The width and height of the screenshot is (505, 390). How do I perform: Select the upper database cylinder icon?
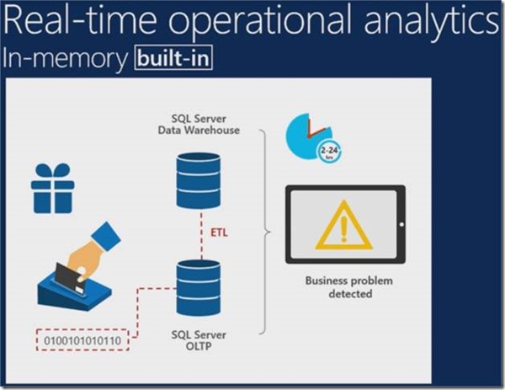coord(199,179)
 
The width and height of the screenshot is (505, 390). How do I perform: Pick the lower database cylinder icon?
coord(199,287)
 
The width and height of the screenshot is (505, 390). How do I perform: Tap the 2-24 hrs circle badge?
coord(329,152)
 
